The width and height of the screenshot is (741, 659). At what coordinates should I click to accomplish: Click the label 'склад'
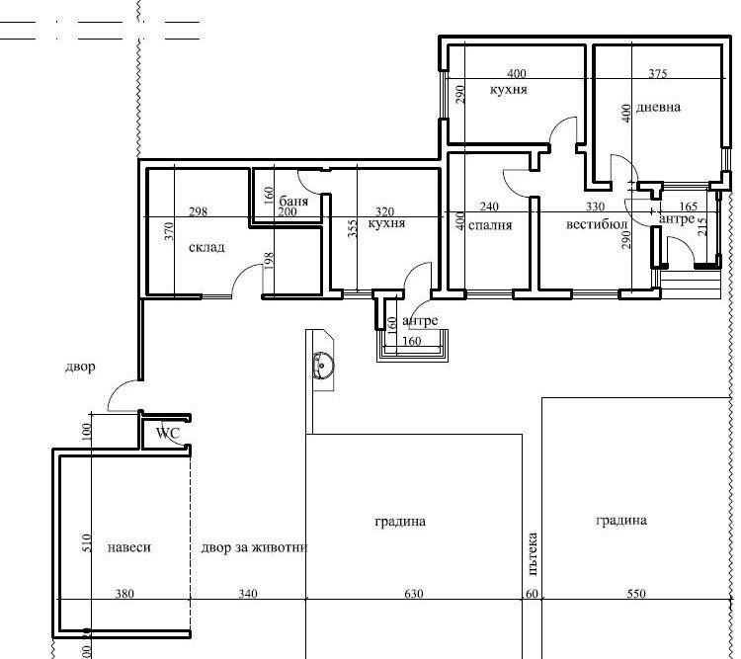(206, 247)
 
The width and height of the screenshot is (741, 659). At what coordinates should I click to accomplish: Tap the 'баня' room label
(293, 201)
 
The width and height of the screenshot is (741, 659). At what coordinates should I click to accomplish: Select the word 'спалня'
(490, 225)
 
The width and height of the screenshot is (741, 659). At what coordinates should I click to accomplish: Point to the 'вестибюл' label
(597, 223)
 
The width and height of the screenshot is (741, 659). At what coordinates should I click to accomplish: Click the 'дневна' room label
(658, 107)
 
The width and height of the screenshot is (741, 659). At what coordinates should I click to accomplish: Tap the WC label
(168, 433)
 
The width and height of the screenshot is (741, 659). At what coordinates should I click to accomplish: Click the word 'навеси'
(129, 547)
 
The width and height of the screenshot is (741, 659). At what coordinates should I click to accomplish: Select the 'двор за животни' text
(254, 547)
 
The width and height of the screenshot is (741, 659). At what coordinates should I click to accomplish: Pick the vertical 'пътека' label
(533, 553)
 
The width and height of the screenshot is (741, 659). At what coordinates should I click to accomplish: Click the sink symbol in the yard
(323, 366)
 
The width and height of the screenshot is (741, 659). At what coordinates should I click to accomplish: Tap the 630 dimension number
(414, 593)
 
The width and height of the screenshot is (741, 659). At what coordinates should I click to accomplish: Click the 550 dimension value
(636, 593)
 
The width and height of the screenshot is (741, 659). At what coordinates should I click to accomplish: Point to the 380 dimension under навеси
(124, 593)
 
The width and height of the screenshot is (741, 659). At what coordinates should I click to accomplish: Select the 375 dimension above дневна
(658, 73)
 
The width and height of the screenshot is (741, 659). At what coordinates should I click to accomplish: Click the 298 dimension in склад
(198, 211)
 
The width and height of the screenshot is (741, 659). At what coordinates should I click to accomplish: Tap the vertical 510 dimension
(86, 543)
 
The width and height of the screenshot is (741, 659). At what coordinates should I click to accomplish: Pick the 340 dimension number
(248, 593)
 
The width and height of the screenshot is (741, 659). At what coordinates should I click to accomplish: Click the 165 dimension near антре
(688, 206)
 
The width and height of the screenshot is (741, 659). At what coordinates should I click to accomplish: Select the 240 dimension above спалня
(489, 206)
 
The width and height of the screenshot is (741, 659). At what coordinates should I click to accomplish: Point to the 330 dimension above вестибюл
(595, 206)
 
